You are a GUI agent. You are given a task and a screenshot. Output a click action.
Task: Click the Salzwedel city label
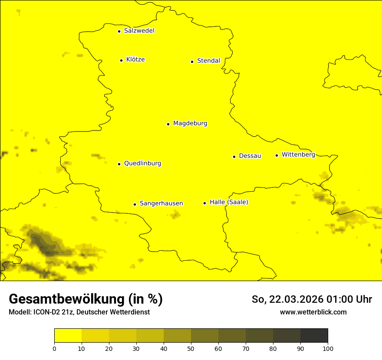[x=139, y=31]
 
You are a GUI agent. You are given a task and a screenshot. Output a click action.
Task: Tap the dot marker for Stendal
[x=192, y=62]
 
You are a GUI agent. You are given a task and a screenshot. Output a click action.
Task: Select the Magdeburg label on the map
[x=190, y=124]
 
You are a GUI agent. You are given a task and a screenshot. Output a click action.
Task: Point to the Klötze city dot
[x=121, y=60]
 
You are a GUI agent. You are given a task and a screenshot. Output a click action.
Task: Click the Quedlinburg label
[x=142, y=164]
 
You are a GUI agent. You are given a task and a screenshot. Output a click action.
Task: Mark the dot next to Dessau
[x=234, y=157]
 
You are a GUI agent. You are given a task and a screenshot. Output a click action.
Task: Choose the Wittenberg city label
[x=298, y=155]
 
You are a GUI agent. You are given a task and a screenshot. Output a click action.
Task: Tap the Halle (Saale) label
[x=229, y=203]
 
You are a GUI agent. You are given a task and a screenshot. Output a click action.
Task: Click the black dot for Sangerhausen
[x=135, y=204]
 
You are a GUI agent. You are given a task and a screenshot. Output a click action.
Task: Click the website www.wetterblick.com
[x=313, y=312]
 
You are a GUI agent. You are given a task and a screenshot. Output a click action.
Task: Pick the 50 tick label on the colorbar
[x=191, y=349]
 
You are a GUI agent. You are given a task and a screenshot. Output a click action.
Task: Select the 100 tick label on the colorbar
[x=328, y=349]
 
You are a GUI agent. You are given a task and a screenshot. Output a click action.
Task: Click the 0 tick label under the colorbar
[x=54, y=349]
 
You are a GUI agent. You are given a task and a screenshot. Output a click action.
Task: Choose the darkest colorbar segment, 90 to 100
[x=314, y=336]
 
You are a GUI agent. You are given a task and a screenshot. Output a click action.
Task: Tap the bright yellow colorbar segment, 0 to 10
[x=68, y=336]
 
